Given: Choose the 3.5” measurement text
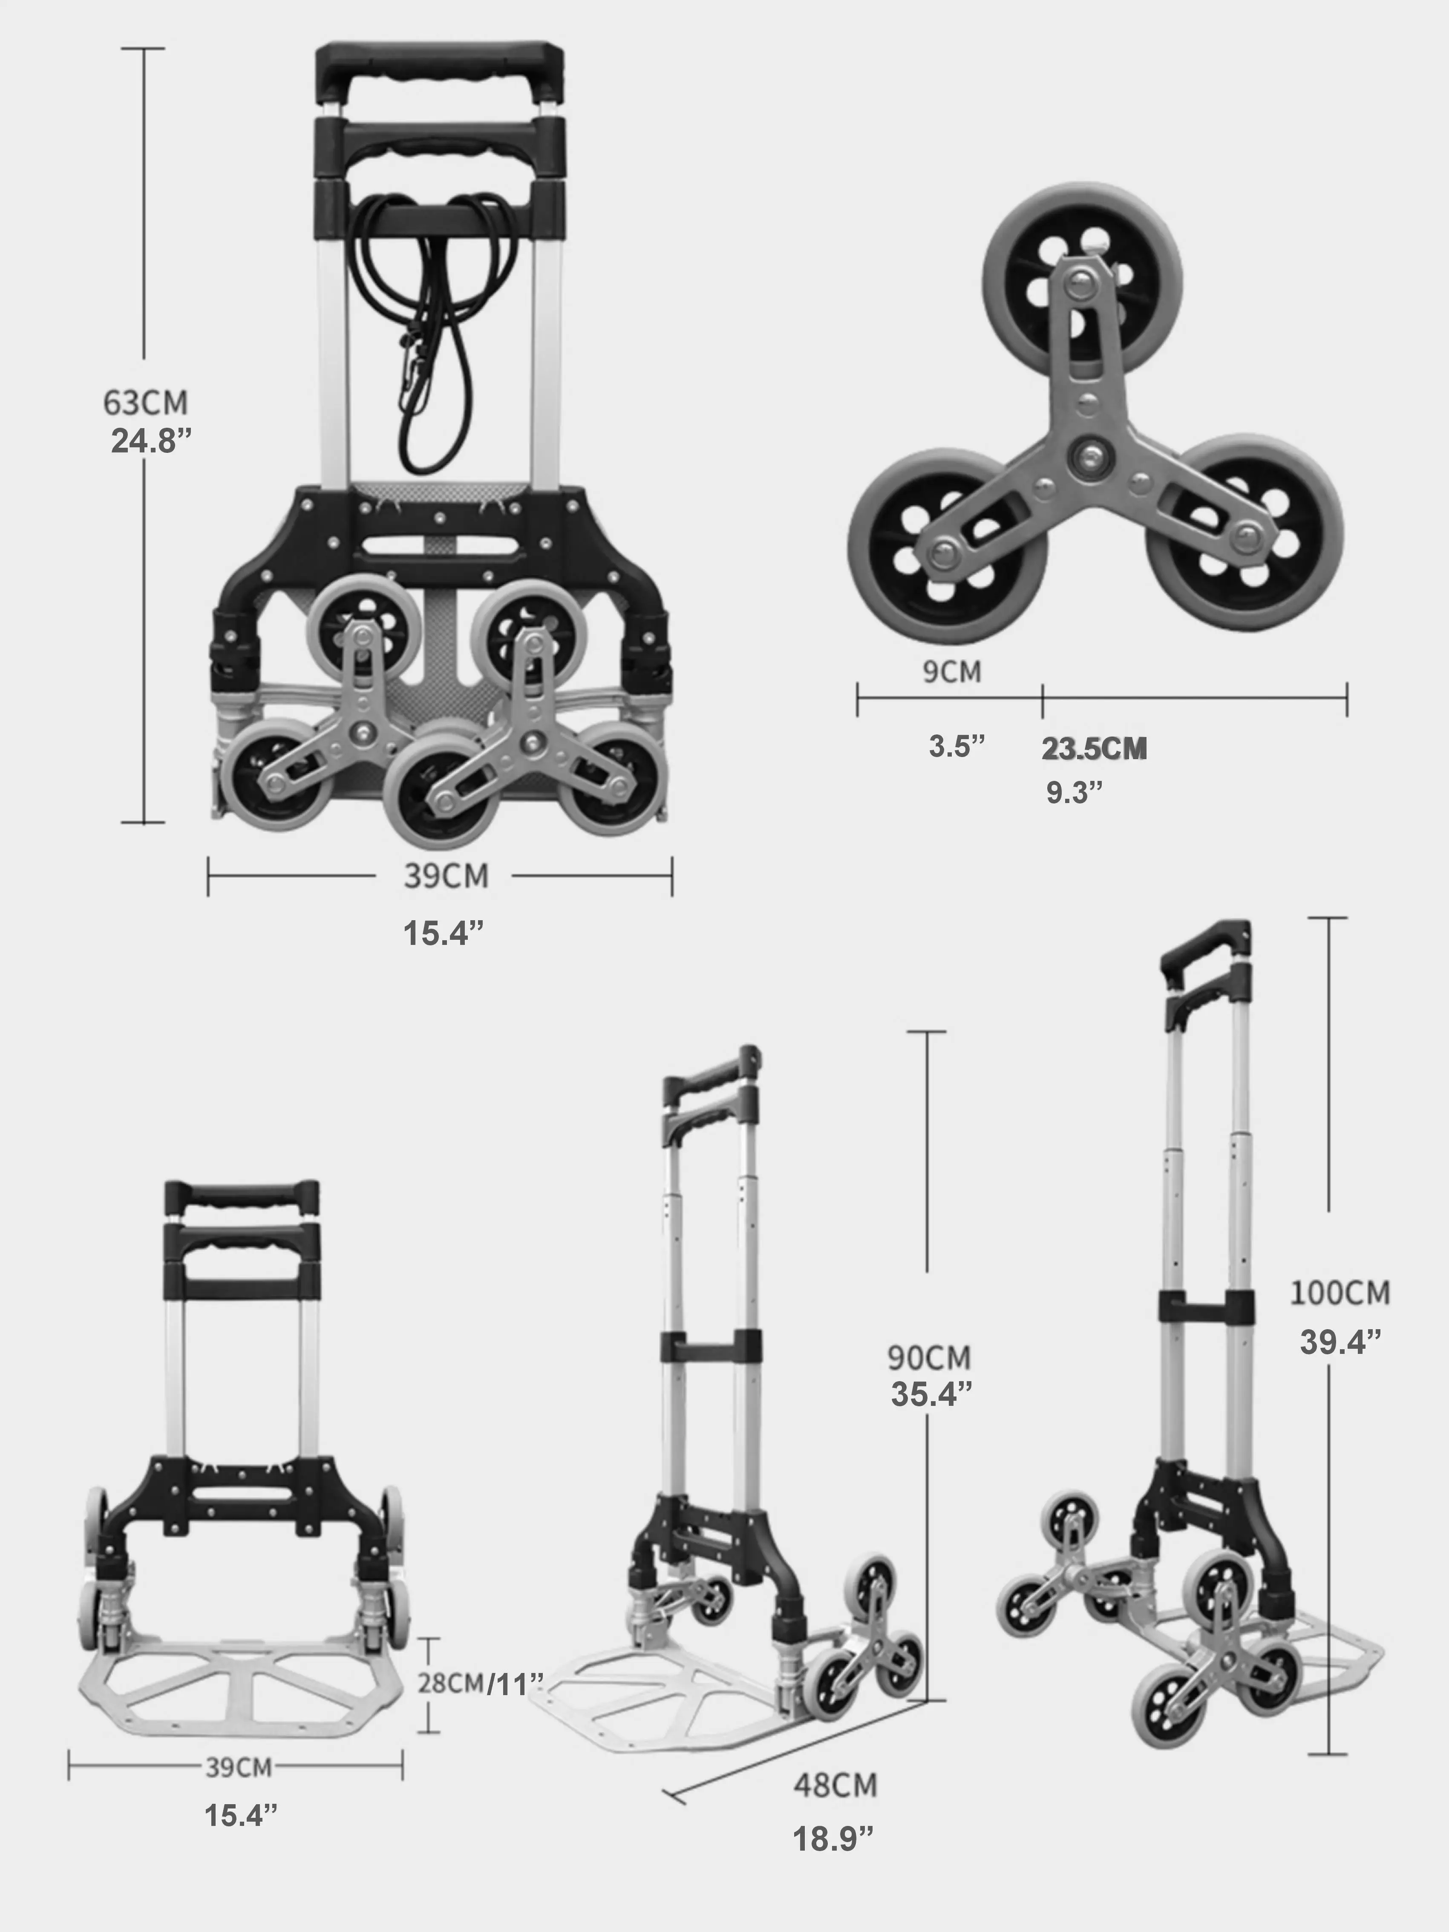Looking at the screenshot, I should click(x=956, y=747).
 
